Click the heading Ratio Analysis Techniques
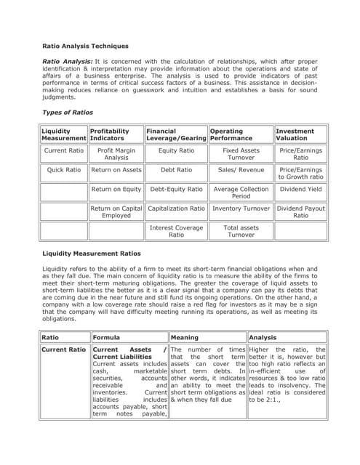pos(85,46)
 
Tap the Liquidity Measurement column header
pos(63,134)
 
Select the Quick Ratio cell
pos(64,169)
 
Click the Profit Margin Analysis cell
pos(116,153)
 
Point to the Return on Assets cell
pos(116,169)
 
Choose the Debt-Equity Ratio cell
pos(176,189)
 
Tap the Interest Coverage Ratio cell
pos(176,231)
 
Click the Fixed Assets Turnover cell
pos(240,153)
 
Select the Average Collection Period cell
pos(240,193)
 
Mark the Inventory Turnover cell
pos(240,209)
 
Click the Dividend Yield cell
pos(300,189)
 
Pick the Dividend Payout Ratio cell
pos(300,211)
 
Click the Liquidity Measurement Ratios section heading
pos(91,253)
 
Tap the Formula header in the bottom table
pos(105,337)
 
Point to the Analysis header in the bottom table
pos(263,337)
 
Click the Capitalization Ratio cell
pos(176,209)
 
